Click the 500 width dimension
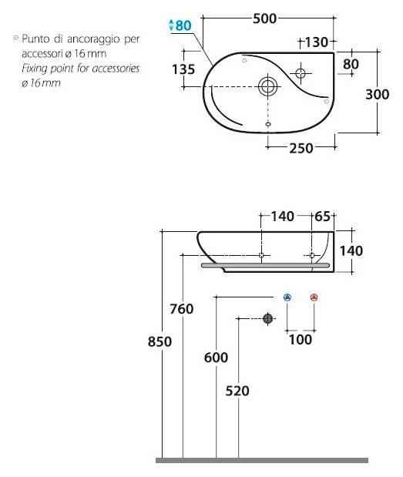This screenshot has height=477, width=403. [264, 18]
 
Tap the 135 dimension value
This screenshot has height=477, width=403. [183, 69]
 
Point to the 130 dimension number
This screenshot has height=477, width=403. [317, 42]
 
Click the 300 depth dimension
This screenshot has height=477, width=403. [377, 94]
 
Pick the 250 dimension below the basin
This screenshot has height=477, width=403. [301, 149]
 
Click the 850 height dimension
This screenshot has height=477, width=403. [160, 341]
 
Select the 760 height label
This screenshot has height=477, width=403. [182, 309]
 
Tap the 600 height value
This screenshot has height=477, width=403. [216, 358]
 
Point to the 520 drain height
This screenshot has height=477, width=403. [237, 391]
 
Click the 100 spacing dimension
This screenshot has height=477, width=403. [301, 340]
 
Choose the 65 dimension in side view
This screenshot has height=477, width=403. [322, 217]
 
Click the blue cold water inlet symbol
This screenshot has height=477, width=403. [287, 297]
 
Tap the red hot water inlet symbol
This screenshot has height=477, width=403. [314, 297]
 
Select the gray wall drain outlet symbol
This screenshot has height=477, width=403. [267, 318]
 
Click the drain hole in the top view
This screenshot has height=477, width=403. [267, 86]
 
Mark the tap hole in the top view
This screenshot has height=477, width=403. [301, 73]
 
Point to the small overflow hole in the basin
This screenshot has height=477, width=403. [268, 124]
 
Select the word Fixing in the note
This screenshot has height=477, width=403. [35, 69]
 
